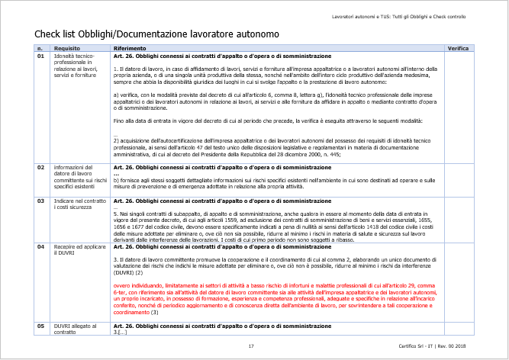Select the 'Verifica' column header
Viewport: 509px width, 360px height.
458,48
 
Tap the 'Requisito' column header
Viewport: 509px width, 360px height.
67,48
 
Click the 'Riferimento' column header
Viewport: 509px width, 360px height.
131,48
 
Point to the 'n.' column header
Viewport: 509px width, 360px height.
40,48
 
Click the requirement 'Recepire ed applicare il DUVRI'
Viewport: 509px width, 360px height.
75,251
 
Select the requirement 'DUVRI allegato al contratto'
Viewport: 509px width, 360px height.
72,329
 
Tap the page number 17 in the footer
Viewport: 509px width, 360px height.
251,347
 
